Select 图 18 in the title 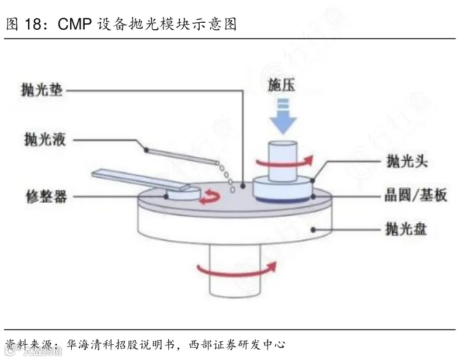tap(26, 25)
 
